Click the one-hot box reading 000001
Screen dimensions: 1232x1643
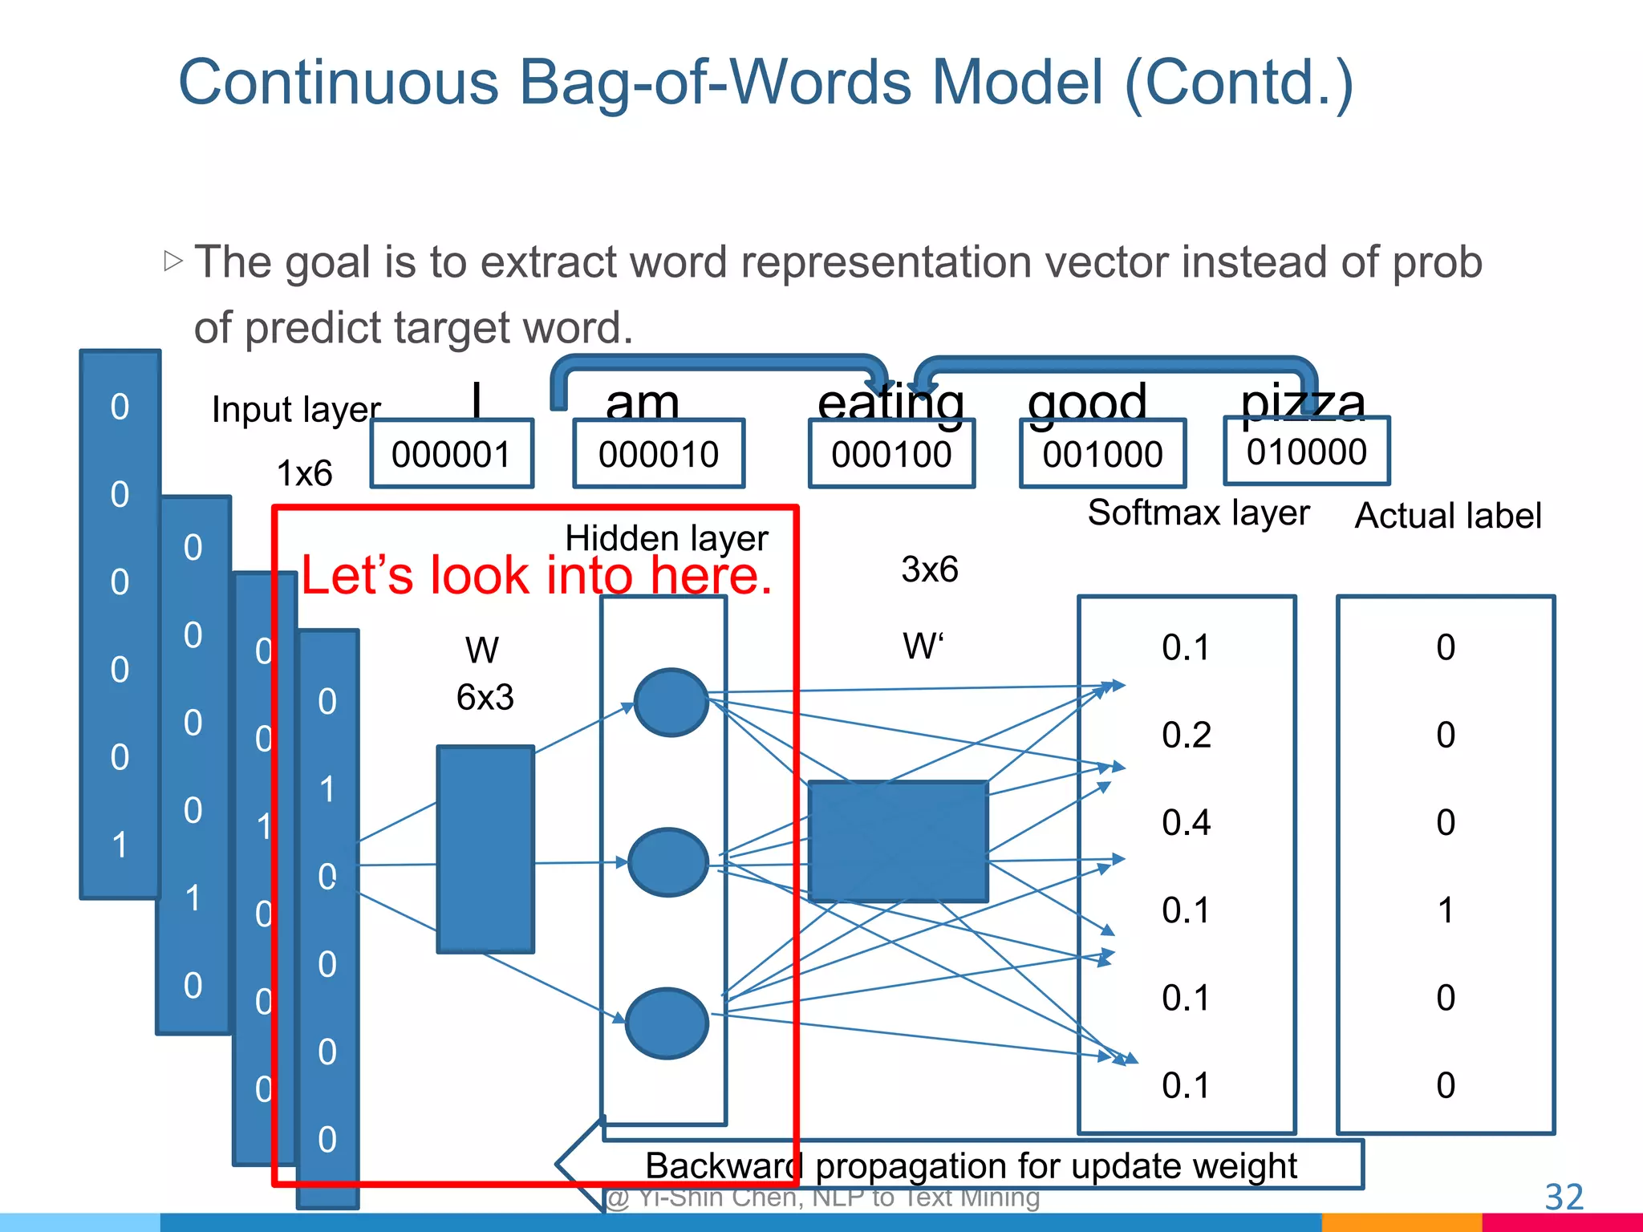(x=452, y=454)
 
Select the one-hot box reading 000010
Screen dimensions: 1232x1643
(x=659, y=454)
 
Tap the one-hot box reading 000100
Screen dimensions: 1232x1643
(x=891, y=454)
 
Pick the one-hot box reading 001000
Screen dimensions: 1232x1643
(x=1102, y=454)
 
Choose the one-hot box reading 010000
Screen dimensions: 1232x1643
(x=1306, y=452)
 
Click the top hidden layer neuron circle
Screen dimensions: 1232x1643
(x=671, y=703)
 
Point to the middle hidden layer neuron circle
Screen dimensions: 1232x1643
(x=667, y=863)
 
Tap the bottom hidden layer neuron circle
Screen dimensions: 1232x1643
(x=667, y=1023)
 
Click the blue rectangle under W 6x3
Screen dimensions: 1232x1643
(x=485, y=849)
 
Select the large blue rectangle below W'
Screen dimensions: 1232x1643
(x=898, y=841)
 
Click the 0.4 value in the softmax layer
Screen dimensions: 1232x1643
(x=1186, y=823)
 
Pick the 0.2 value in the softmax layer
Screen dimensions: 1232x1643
(x=1186, y=736)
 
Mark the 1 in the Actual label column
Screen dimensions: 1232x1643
(x=1445, y=910)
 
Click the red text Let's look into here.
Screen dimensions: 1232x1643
(x=536, y=575)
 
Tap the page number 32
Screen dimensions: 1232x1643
(x=1564, y=1197)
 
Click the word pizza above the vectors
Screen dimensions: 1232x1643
(x=1302, y=401)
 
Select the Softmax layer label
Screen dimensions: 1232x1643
(x=1198, y=513)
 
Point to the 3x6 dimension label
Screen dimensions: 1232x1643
(x=929, y=569)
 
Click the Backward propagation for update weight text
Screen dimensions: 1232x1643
(x=971, y=1165)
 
